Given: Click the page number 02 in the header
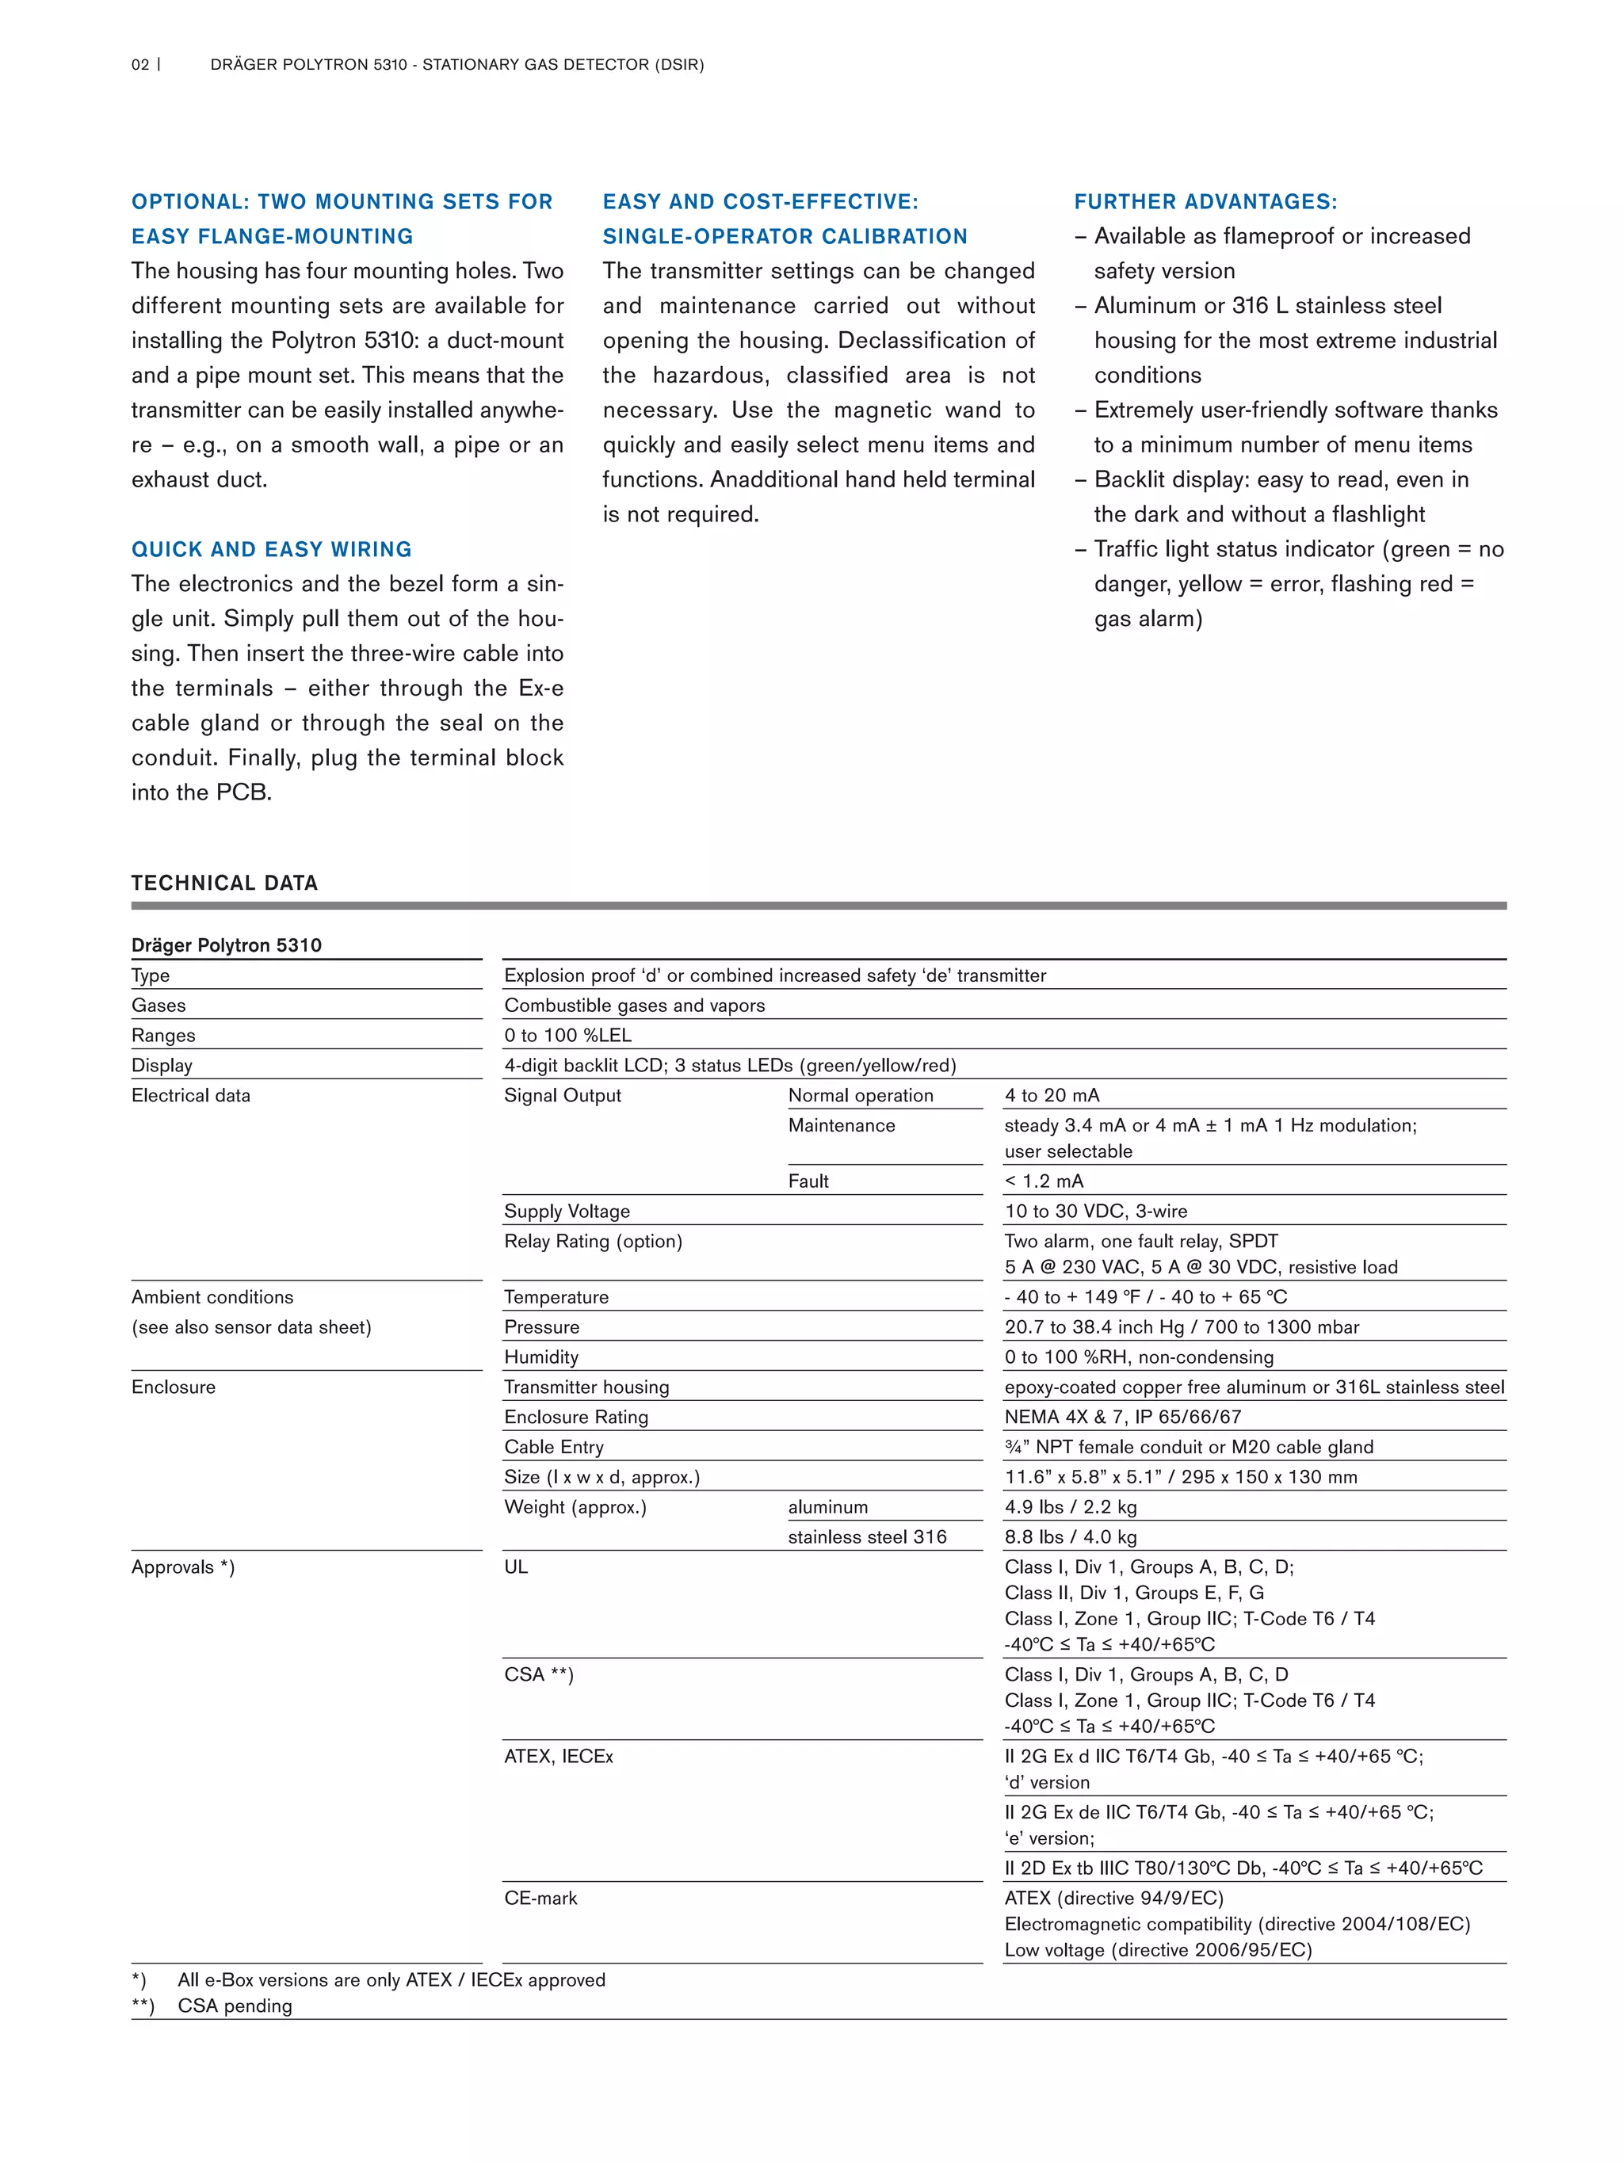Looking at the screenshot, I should coord(140,64).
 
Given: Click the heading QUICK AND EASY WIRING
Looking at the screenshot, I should coord(272,549).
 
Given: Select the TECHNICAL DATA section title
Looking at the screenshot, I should coord(225,883).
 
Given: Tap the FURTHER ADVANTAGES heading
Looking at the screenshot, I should coord(1205,201).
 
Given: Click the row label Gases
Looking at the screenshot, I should coord(158,1005).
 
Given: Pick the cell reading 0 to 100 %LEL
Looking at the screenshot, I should coord(567,1035).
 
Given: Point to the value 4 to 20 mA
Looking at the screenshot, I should coord(1052,1095).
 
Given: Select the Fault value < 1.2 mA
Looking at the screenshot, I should coord(1044,1181).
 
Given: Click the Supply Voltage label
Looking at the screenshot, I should coord(567,1211).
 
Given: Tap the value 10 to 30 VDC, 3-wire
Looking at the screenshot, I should coord(1096,1211).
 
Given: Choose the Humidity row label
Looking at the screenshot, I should coord(541,1357).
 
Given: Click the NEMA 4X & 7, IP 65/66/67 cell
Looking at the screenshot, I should coord(1122,1417).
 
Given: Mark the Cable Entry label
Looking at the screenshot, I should coord(554,1447).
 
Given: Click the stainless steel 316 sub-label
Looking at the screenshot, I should coord(867,1537).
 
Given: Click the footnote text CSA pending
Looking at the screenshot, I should coord(235,2006).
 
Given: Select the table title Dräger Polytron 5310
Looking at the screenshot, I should coord(226,945).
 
